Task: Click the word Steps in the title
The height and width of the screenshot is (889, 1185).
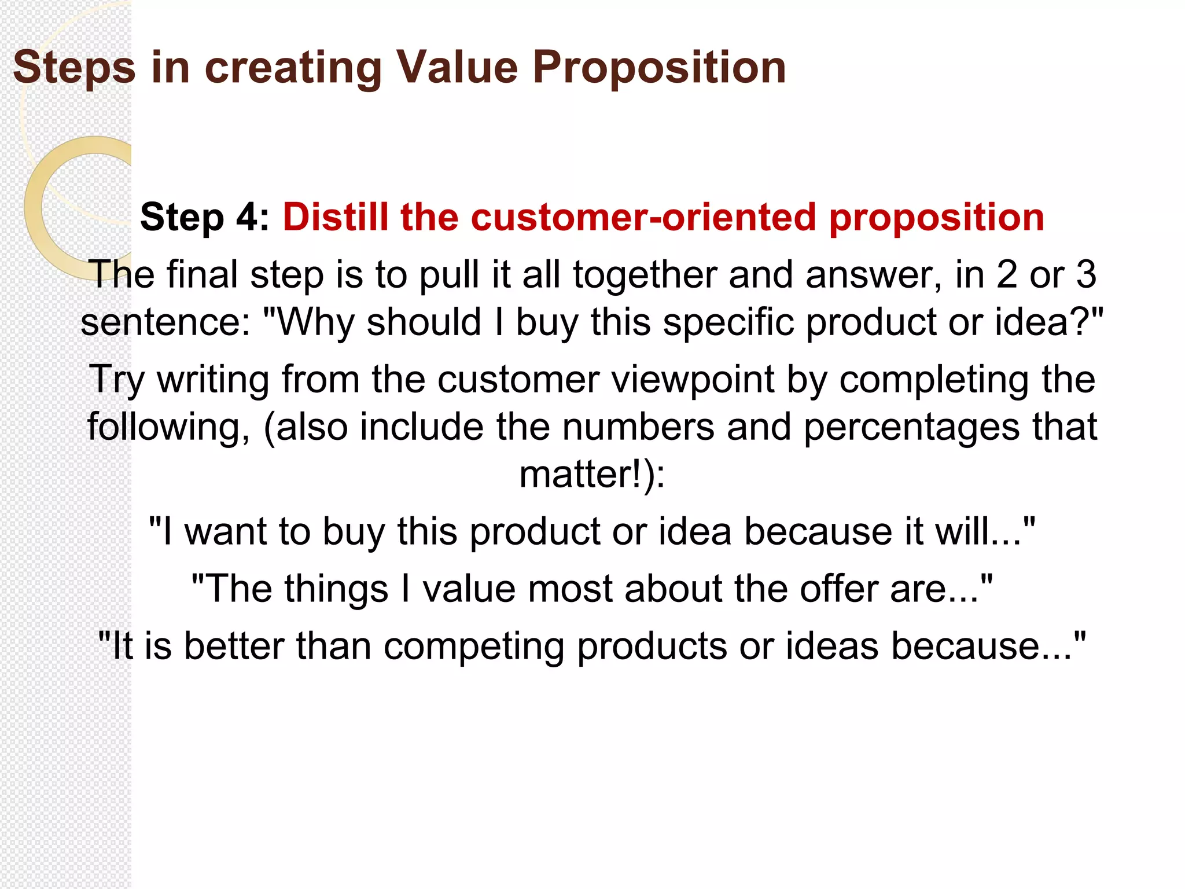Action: pos(74,68)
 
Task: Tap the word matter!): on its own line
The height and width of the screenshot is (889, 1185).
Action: pos(592,475)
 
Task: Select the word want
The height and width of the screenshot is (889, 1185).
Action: pos(225,531)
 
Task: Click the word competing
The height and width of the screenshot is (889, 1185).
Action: pos(474,646)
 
